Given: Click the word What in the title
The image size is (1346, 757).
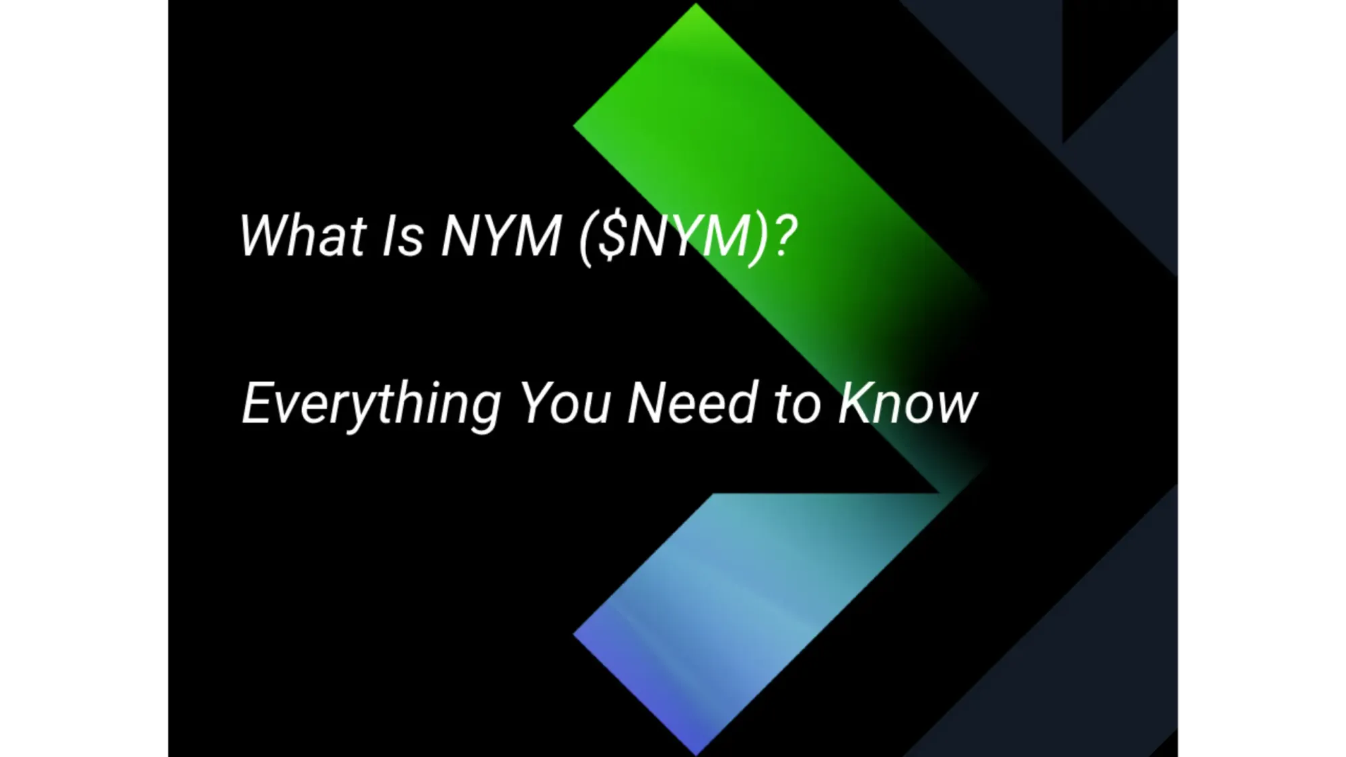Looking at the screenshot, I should click(x=303, y=236).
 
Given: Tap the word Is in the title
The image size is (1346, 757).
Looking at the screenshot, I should click(x=402, y=236).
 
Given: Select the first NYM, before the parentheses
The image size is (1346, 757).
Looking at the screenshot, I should click(x=501, y=236).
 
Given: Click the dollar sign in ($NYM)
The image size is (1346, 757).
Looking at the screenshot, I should click(x=611, y=237).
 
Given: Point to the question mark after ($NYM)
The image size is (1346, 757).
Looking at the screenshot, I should click(x=785, y=236).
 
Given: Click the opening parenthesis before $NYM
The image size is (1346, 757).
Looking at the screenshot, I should click(x=586, y=238).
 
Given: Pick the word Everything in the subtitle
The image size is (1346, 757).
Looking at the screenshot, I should click(x=371, y=404).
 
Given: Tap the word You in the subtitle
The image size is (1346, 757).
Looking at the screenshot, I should click(x=565, y=404).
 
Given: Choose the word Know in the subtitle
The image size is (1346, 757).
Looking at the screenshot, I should click(x=907, y=404).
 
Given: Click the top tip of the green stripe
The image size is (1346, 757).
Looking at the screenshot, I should click(x=696, y=5).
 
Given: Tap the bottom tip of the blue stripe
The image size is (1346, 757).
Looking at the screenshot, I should click(x=696, y=752).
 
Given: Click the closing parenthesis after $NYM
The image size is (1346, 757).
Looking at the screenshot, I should click(x=760, y=238).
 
